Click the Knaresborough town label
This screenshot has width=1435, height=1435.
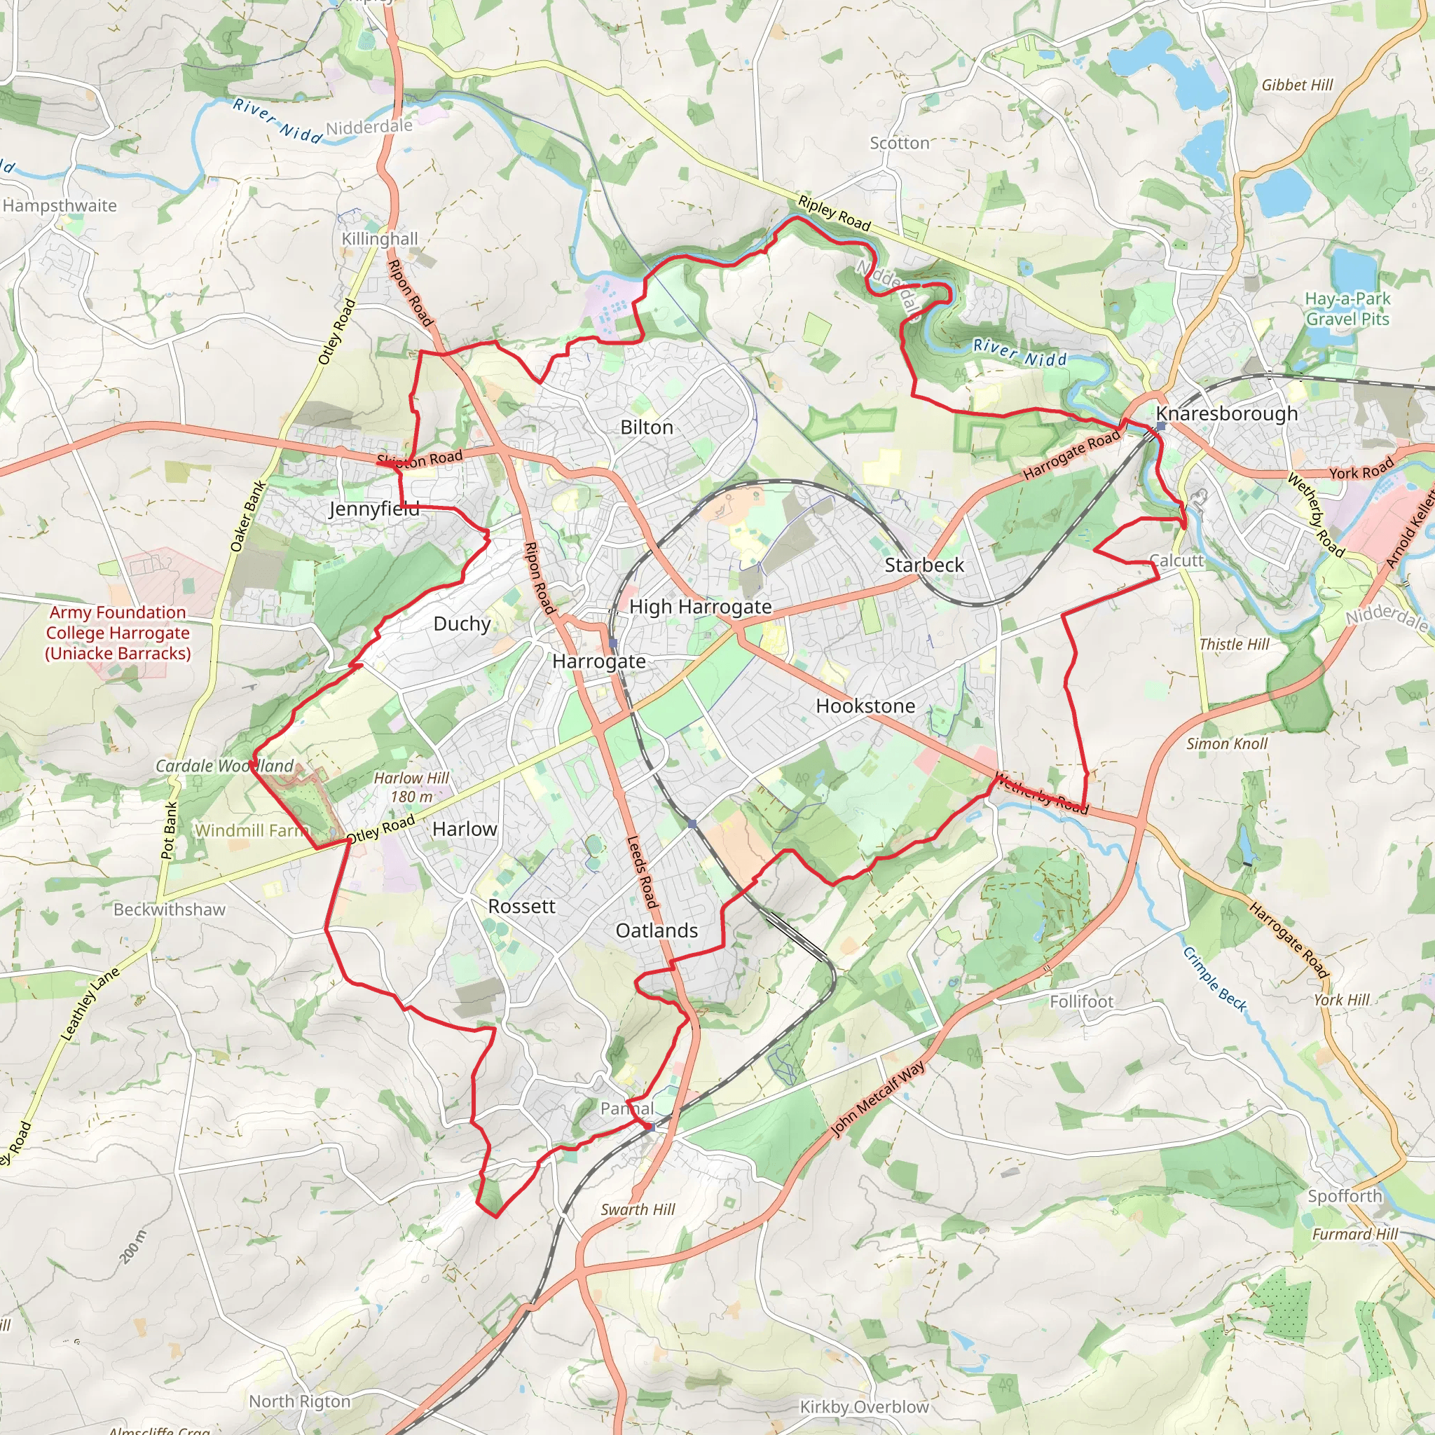[1226, 413]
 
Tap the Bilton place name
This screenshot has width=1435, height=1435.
[646, 427]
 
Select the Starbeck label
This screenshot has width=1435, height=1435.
[924, 565]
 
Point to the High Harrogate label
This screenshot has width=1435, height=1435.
[700, 607]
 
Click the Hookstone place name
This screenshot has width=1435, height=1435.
[865, 706]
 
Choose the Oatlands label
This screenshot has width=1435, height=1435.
[657, 930]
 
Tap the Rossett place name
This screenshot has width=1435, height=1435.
[521, 906]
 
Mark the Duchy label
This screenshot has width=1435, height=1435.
[462, 624]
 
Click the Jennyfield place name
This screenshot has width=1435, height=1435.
[374, 509]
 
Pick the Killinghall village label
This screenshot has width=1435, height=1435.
[380, 238]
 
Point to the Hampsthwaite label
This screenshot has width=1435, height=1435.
[60, 206]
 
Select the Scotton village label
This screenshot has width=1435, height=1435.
[900, 143]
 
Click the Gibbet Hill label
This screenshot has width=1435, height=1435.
[1298, 85]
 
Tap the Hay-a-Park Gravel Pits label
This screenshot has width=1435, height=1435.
[1347, 309]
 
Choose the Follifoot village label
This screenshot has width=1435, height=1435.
[1081, 1001]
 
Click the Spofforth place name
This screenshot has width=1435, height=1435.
[1345, 1196]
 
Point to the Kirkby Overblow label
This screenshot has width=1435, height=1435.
[864, 1407]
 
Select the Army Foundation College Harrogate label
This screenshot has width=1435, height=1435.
[118, 633]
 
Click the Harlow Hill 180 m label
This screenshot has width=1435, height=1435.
[411, 788]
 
